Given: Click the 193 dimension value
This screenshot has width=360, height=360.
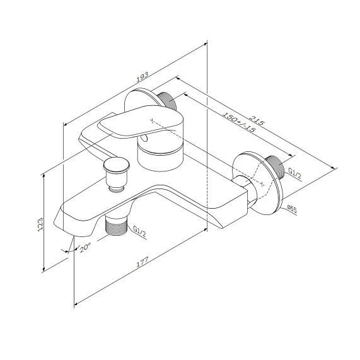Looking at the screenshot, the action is point(142,77).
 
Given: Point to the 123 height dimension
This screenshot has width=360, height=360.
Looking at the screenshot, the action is point(40,224).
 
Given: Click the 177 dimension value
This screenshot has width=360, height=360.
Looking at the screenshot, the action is point(142,262).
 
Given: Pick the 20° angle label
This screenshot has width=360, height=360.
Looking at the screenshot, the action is point(85,248).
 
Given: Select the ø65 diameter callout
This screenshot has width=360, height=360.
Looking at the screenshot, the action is point(292,209).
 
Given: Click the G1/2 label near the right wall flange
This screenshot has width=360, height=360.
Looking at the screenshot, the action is point(294,174).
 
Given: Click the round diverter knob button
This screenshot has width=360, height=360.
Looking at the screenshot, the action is point(117,165).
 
